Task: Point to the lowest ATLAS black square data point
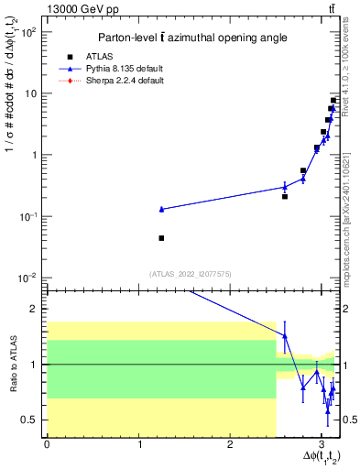(x=161, y=238)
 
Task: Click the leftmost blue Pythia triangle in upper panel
(x=161, y=209)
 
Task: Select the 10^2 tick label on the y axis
(x=27, y=32)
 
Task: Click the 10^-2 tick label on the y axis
(x=25, y=278)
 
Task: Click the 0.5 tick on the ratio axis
(x=30, y=420)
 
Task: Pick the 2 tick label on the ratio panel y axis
(x=34, y=309)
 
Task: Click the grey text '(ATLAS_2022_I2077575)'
(x=190, y=273)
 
